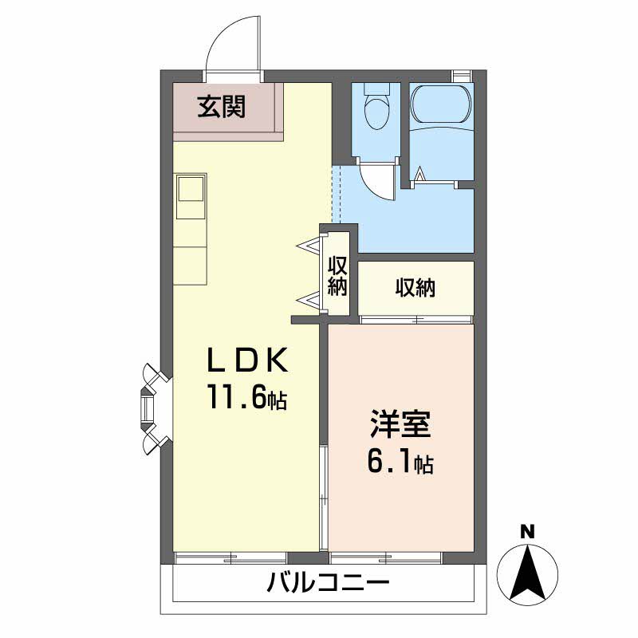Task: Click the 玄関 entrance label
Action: [x=222, y=107]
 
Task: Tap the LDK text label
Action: [x=248, y=360]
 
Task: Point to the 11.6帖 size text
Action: [x=248, y=396]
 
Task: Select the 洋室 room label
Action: [x=400, y=424]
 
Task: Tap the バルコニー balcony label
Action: [x=328, y=583]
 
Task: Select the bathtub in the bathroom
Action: [x=441, y=104]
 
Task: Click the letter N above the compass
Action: [x=528, y=532]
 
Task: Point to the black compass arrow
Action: [x=528, y=573]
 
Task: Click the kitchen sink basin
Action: [x=191, y=188]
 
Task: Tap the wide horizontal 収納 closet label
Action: [x=415, y=288]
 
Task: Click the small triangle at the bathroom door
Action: [x=420, y=175]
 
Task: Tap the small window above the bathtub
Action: [x=461, y=77]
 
